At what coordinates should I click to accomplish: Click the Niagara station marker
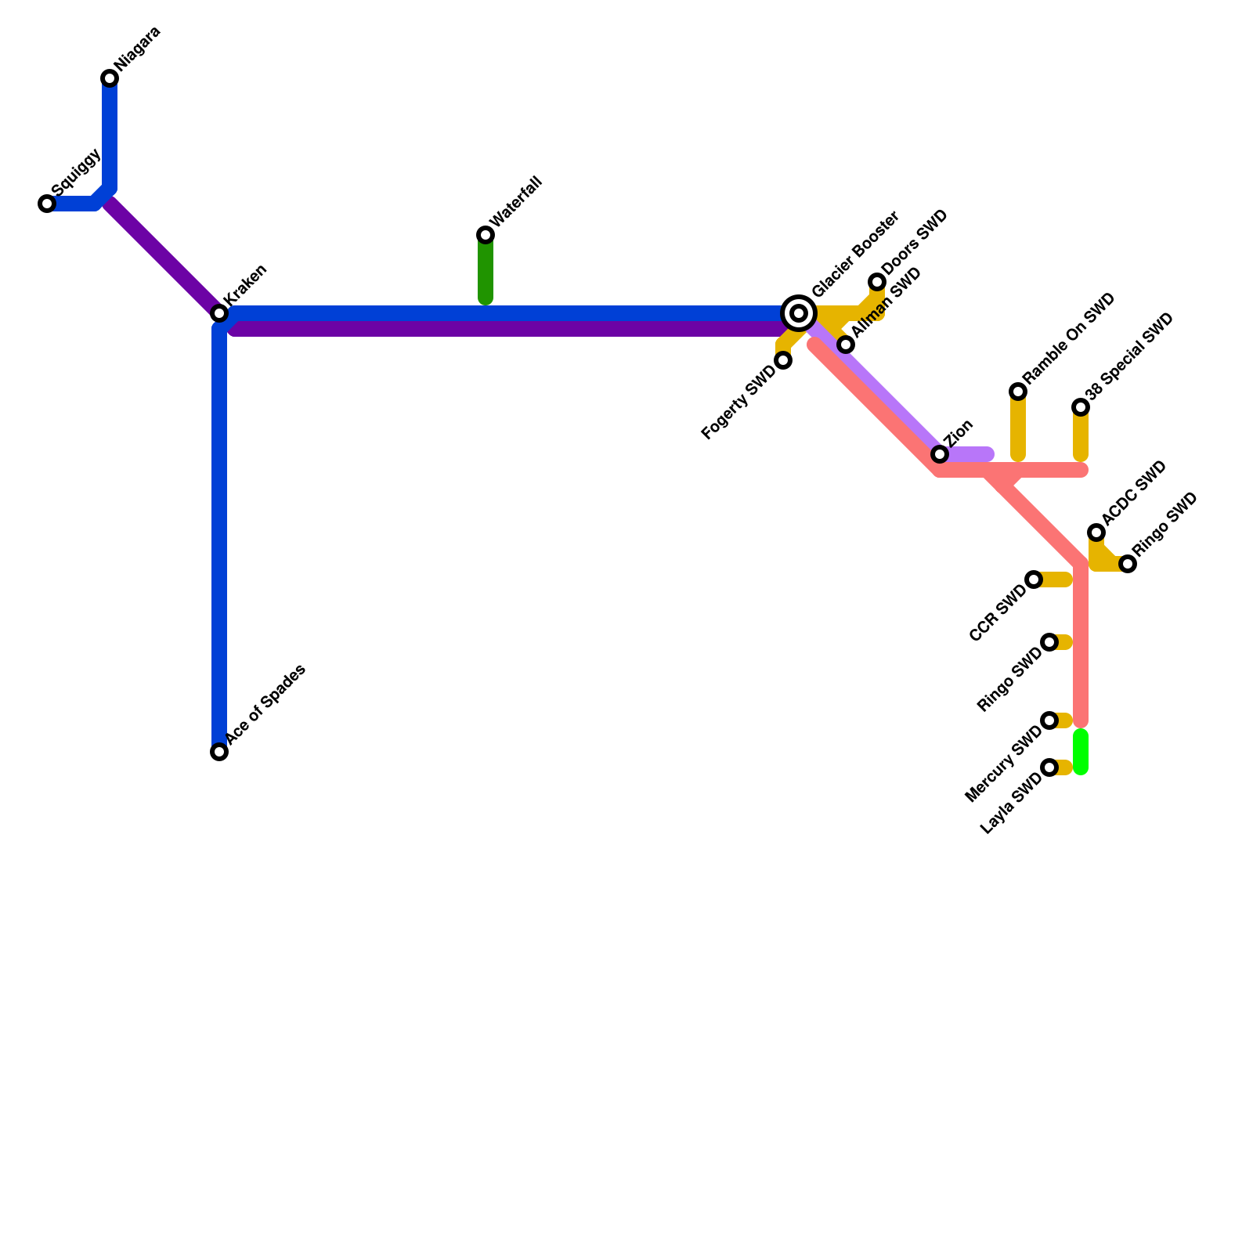pyautogui.click(x=110, y=78)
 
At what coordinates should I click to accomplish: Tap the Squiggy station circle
pyautogui.click(x=47, y=204)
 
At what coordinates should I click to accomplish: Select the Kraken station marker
pyautogui.click(x=219, y=313)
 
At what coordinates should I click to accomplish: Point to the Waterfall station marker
pyautogui.click(x=486, y=235)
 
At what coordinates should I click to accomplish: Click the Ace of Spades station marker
pyautogui.click(x=219, y=752)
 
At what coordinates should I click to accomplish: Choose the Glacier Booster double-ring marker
pyautogui.click(x=799, y=313)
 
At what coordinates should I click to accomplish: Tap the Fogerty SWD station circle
pyautogui.click(x=783, y=360)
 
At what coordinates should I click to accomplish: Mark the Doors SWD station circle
pyautogui.click(x=877, y=282)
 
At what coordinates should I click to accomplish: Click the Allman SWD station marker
pyautogui.click(x=846, y=345)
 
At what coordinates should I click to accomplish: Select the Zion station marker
pyautogui.click(x=940, y=454)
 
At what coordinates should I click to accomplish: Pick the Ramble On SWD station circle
pyautogui.click(x=1018, y=392)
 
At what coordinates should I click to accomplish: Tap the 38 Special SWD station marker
pyautogui.click(x=1081, y=407)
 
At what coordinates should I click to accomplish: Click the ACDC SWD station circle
pyautogui.click(x=1096, y=533)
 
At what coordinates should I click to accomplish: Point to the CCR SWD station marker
pyautogui.click(x=1034, y=580)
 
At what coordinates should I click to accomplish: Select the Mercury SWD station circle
pyautogui.click(x=1049, y=720)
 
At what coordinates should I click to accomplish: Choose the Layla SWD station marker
pyautogui.click(x=1049, y=767)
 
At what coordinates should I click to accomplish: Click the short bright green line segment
pyautogui.click(x=1081, y=752)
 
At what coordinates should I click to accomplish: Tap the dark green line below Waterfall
pyautogui.click(x=486, y=270)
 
